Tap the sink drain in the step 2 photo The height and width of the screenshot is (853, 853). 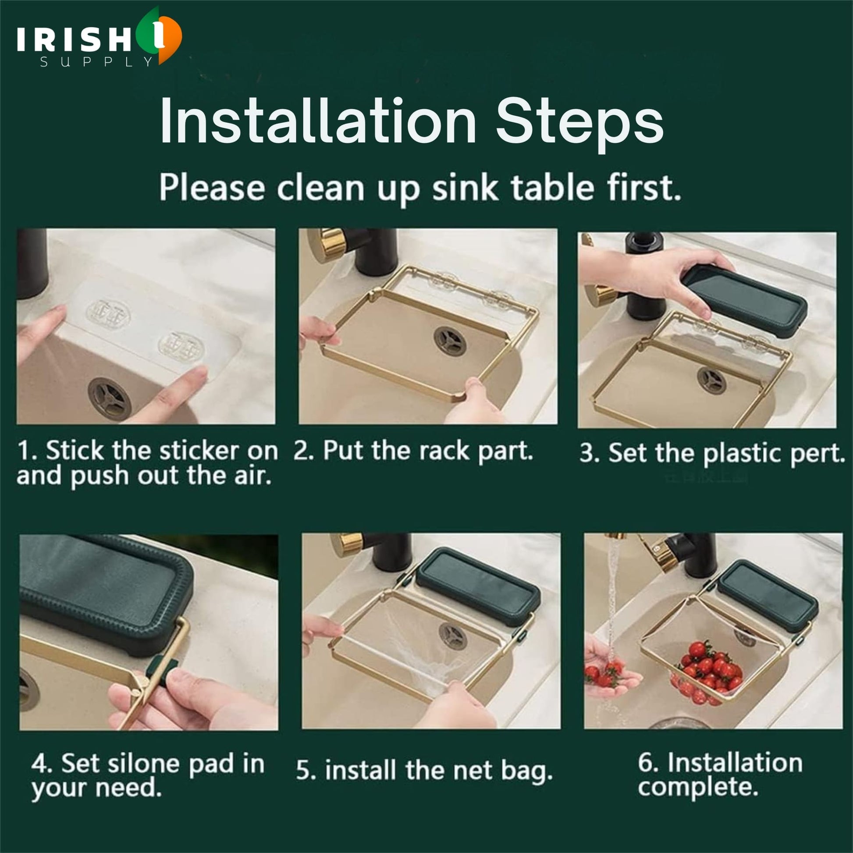point(450,341)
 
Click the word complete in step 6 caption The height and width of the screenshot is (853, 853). point(697,787)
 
